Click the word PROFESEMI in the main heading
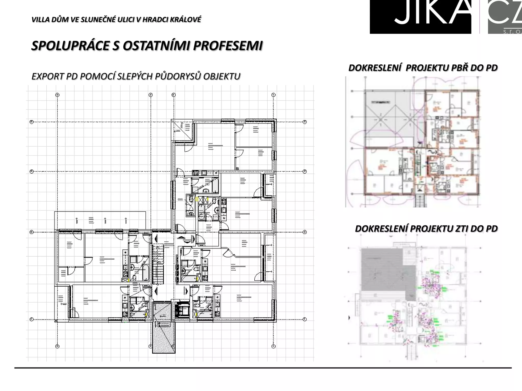pyautogui.click(x=228, y=46)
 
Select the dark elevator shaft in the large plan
pyautogui.click(x=182, y=310)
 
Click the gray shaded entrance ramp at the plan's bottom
pyautogui.click(x=164, y=336)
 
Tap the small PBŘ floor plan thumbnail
pyautogui.click(x=413, y=143)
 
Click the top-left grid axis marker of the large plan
pyautogui.click(x=57, y=95)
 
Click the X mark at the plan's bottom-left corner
pyautogui.click(x=56, y=321)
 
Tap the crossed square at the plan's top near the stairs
pyautogui.click(x=182, y=129)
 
